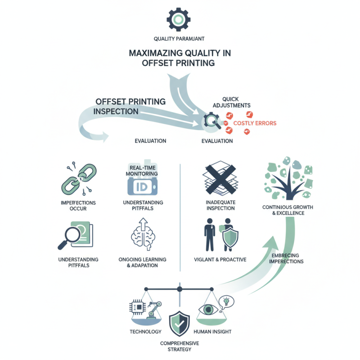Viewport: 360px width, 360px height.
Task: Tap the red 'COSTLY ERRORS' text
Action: coord(255,123)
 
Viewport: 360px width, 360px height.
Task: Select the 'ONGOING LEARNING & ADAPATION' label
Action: coord(142,263)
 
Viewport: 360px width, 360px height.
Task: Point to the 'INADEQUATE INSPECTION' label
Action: coord(220,205)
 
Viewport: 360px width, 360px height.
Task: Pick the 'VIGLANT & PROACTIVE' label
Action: coord(220,260)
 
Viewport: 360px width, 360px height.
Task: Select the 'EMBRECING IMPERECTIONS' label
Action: coord(288,259)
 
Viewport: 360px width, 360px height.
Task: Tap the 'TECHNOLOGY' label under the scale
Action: coord(145,332)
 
